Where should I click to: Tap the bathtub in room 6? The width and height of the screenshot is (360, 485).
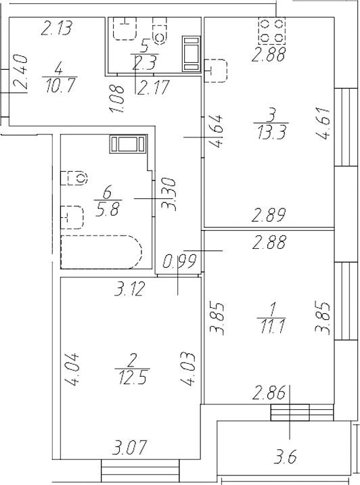click(101, 252)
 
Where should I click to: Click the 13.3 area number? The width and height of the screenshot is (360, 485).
click(270, 131)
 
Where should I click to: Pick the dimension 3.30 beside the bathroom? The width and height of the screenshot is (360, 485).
click(171, 195)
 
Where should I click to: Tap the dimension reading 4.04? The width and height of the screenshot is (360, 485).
click(72, 370)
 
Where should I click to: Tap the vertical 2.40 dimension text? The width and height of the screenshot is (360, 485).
click(20, 73)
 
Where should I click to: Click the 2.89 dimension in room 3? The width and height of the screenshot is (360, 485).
click(269, 216)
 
